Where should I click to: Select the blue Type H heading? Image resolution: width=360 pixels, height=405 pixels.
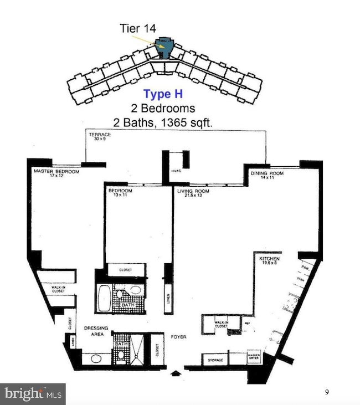163,94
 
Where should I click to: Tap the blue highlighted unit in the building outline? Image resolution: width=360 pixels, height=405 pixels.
164,48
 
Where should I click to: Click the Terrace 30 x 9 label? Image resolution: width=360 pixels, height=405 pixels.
100,136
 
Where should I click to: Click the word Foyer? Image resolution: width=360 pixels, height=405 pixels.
178,336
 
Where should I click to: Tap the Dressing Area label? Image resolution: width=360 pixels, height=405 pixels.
96,330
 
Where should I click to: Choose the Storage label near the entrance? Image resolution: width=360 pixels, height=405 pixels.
215,361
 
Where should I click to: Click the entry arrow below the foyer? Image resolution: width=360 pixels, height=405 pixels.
176,373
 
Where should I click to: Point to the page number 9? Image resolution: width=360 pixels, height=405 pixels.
327,392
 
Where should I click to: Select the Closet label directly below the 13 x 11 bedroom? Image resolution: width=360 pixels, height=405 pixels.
125,270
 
